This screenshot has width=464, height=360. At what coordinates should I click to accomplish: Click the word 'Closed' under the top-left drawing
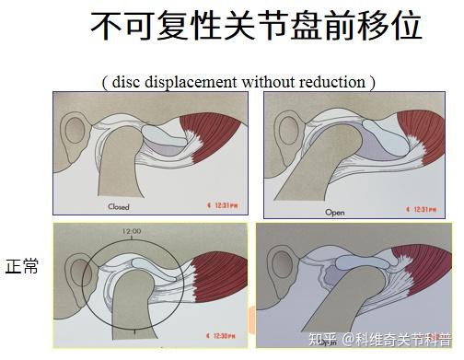point(119,207)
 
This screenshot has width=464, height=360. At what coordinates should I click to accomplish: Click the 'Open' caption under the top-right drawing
point(334,212)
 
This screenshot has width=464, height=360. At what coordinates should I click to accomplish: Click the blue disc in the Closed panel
point(165,136)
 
